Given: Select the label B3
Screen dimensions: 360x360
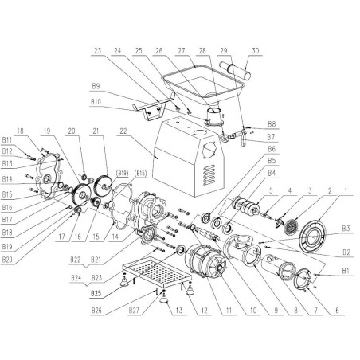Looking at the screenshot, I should (x=344, y=229).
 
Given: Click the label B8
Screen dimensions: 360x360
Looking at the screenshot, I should (x=272, y=124).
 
